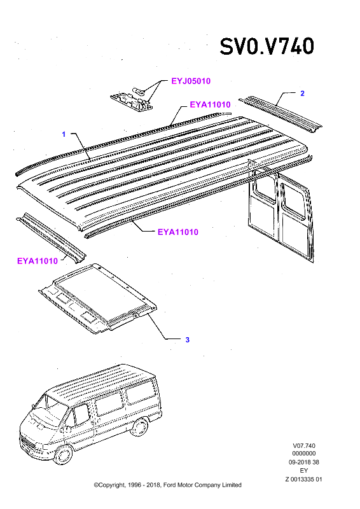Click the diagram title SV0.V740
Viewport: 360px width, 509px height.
267,46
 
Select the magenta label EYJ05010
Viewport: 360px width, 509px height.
191,81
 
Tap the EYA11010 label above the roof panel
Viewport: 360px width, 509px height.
210,104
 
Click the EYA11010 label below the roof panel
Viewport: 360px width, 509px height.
178,232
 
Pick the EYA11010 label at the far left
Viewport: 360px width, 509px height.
38,261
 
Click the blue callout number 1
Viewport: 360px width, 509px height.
64,134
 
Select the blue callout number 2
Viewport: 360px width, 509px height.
302,94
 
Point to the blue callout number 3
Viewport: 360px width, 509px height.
187,340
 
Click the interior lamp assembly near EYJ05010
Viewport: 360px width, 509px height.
132,100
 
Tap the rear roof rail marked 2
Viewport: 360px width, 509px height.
280,115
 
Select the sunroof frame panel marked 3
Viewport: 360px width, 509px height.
97,298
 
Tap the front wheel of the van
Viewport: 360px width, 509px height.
64,454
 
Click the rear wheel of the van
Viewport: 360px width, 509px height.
141,426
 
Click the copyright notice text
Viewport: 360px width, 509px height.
167,485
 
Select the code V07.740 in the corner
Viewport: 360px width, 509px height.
304,446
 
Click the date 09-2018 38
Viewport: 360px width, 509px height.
304,462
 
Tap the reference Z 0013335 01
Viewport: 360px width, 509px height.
304,479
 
